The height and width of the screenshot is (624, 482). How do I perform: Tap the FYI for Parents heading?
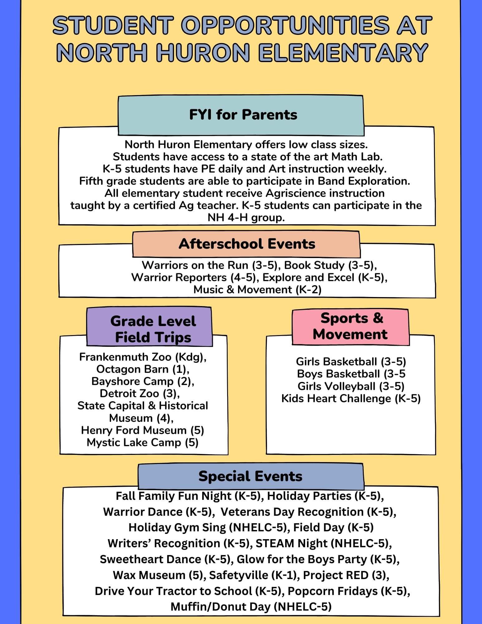pos(243,115)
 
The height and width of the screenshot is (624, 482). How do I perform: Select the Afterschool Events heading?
pos(247,244)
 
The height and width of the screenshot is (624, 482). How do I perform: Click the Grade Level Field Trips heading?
pos(153,329)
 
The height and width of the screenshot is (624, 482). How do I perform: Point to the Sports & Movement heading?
pos(350,326)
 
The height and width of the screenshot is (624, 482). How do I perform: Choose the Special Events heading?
pos(250,476)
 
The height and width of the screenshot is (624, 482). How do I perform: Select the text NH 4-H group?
pos(246,217)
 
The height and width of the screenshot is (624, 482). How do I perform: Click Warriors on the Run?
pos(195,265)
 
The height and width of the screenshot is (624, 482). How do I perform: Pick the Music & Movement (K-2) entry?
pos(257,290)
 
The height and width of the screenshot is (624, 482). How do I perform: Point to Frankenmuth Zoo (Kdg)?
pos(143,357)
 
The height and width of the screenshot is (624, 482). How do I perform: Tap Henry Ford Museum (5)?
pos(143,430)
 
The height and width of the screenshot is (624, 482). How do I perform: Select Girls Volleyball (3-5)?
pos(351,386)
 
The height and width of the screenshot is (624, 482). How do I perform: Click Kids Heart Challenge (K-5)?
pos(351,398)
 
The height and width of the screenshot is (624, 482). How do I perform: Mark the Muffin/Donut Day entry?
pos(251,607)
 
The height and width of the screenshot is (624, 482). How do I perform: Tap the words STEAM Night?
pos(291,543)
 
